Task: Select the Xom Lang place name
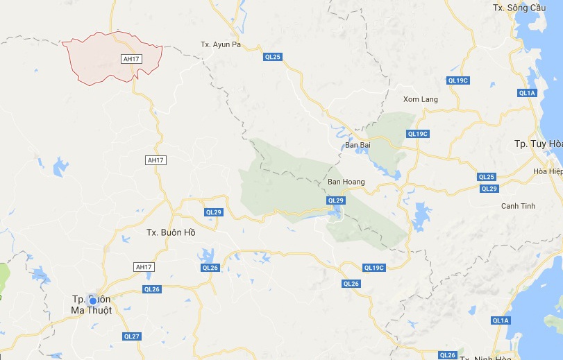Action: coord(421,99)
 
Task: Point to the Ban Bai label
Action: coord(358,145)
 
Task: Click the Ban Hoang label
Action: coord(346,182)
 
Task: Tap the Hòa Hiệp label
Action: coord(548,171)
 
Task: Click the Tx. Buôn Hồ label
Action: coord(171,232)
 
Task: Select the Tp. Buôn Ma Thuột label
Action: coord(91,305)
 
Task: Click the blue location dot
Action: coord(92,300)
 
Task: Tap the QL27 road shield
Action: coord(131,336)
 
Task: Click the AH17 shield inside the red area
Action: coord(131,59)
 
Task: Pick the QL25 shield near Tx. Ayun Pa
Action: coord(273,57)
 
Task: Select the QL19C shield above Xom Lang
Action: coord(458,80)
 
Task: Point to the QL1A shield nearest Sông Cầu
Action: coord(527,93)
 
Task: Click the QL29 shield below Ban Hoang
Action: coord(336,200)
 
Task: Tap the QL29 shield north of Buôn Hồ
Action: coord(213,212)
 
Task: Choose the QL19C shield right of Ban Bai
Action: coord(418,134)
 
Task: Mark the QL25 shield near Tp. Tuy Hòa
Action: coord(487,177)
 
